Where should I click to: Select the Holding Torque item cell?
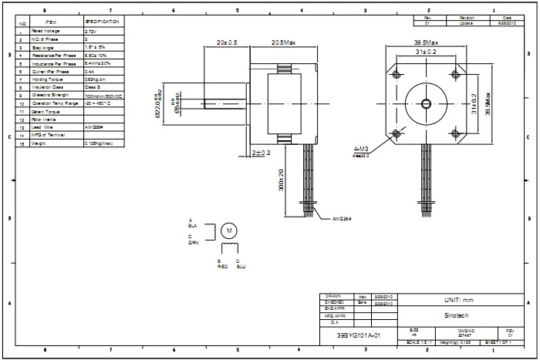46,79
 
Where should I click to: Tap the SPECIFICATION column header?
101,22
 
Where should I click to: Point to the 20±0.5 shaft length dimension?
227,42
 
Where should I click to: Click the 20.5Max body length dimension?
284,42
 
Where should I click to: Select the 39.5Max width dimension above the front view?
426,43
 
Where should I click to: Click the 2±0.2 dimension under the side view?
262,153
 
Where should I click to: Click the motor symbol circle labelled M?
228,230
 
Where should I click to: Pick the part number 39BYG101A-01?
359,336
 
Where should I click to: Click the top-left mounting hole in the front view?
397,75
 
